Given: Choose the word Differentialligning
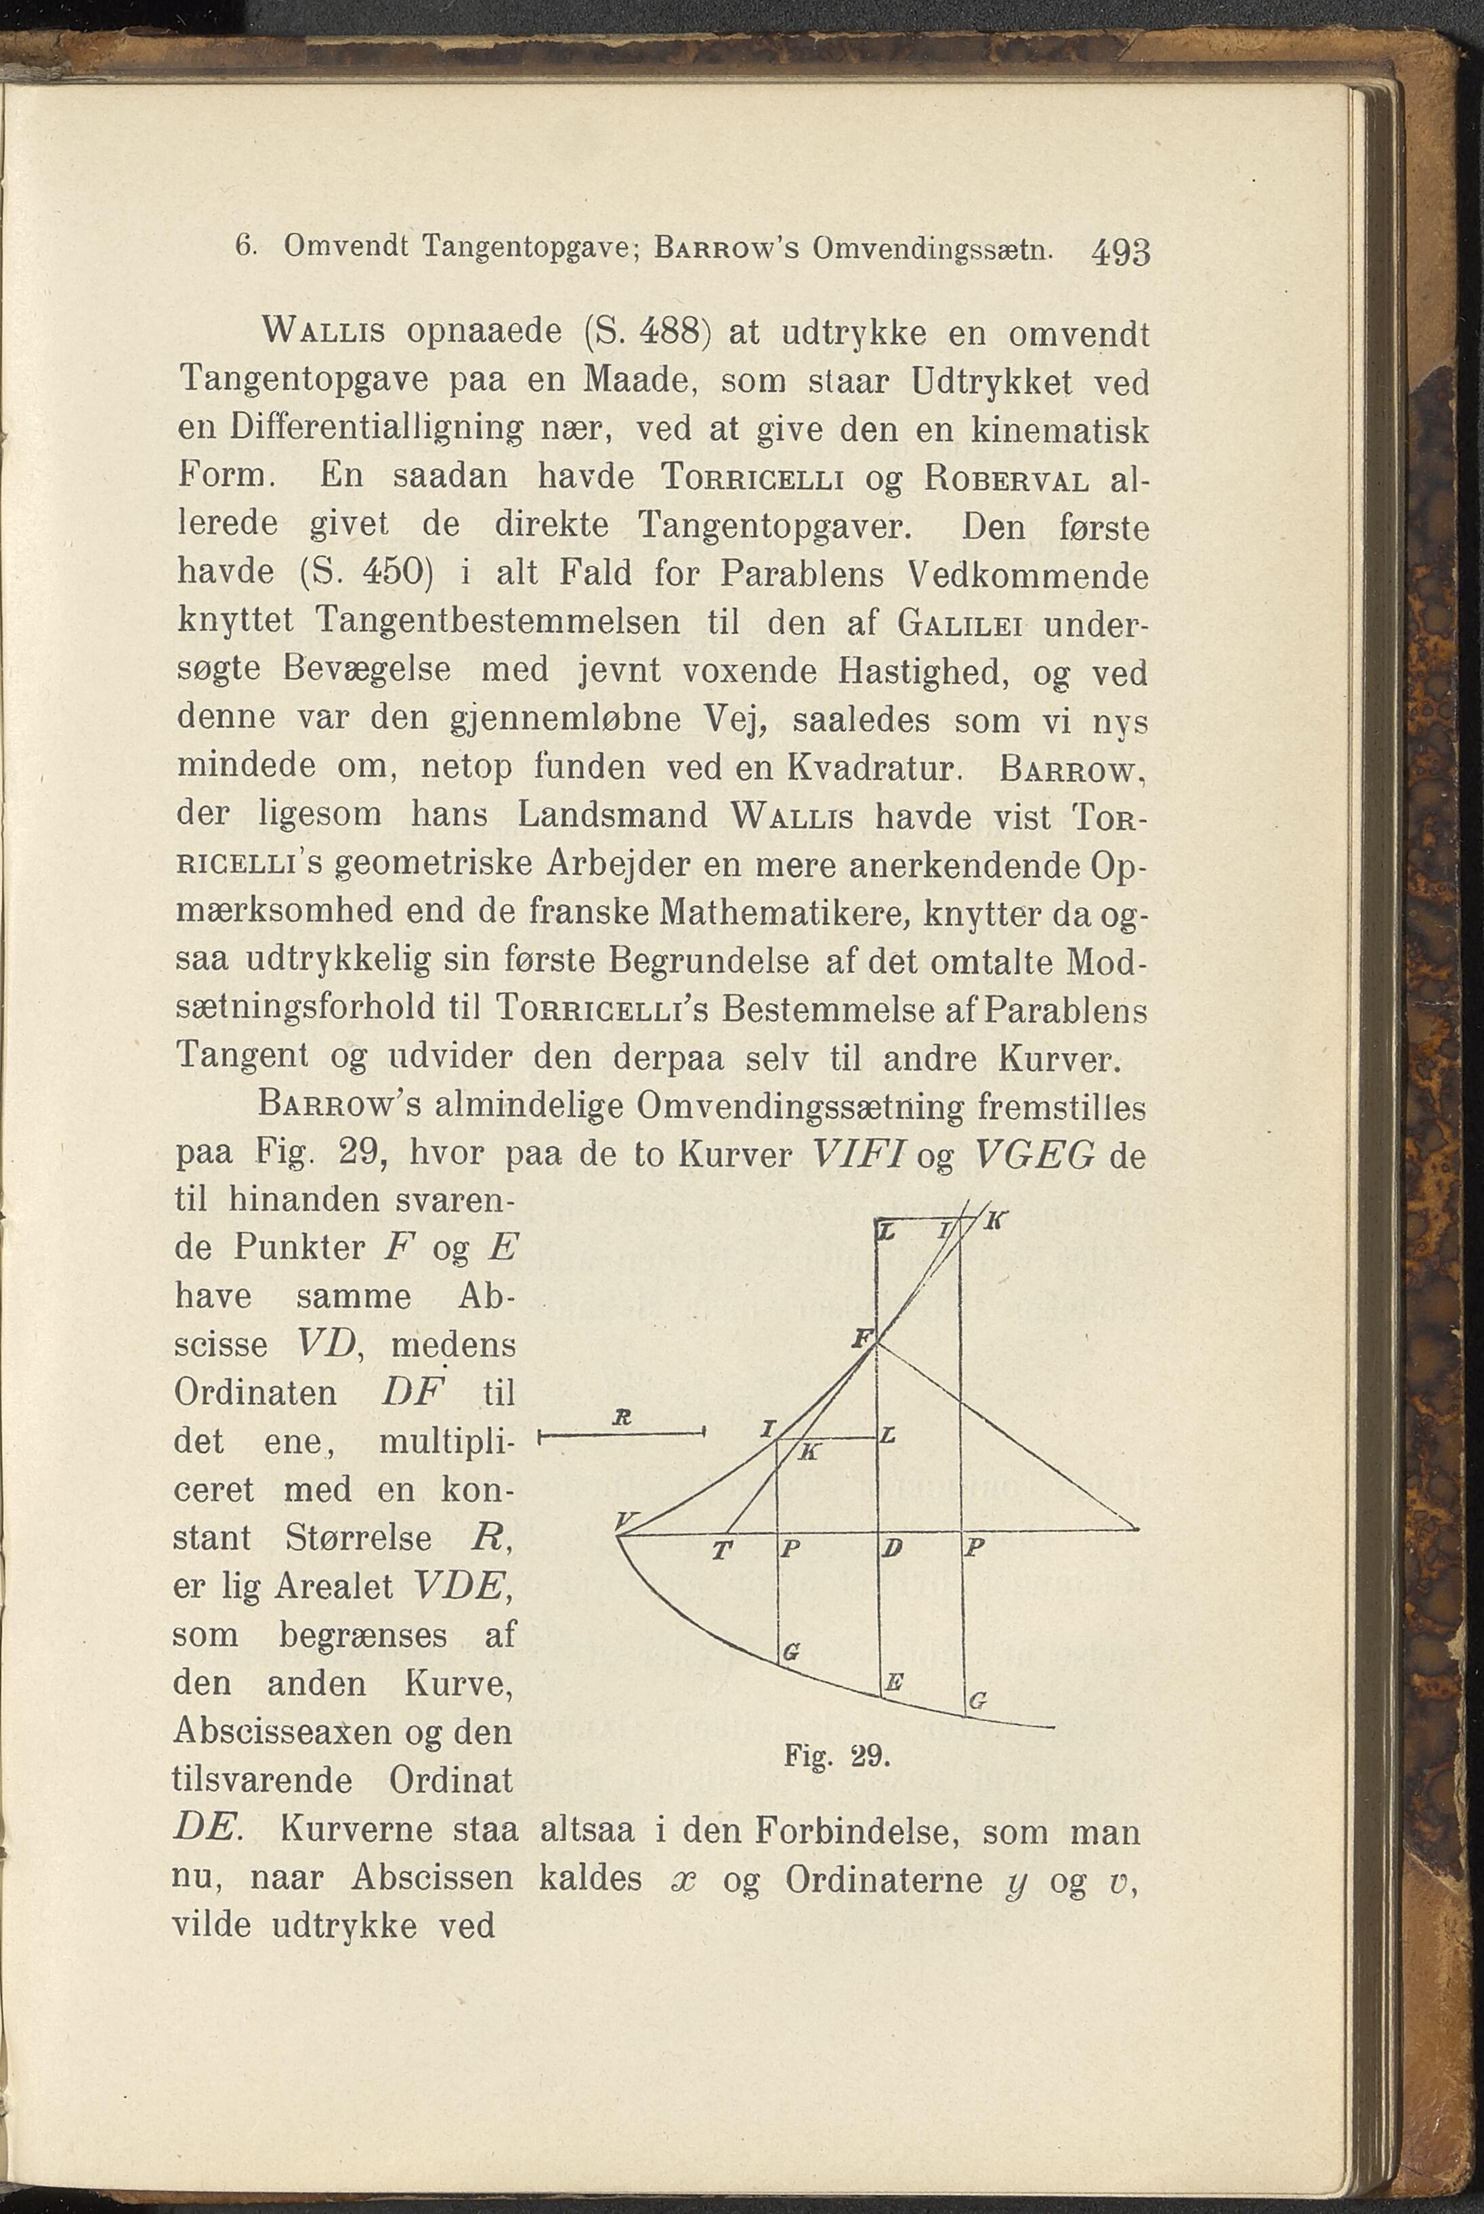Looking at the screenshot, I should coord(377,431).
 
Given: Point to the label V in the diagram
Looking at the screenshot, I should coord(626,1521).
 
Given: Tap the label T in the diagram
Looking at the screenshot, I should coord(722,1550).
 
